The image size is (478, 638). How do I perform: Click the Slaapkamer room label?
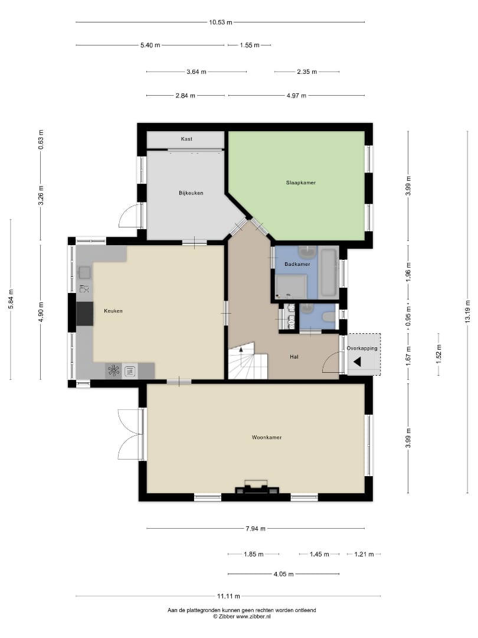301,183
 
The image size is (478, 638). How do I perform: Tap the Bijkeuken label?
191,193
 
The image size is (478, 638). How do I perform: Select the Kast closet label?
186,139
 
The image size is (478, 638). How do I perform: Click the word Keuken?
113,311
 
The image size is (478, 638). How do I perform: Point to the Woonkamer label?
267,437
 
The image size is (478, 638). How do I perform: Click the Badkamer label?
297,264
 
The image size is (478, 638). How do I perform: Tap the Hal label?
294,357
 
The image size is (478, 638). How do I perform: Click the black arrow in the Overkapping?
357,362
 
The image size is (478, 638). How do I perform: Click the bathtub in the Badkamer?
329,272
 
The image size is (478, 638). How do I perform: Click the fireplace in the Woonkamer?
257,487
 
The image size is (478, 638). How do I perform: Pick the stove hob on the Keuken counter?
114,370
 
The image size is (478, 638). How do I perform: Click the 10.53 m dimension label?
221,22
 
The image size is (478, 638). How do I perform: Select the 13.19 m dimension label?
467,312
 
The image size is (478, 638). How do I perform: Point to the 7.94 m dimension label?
256,529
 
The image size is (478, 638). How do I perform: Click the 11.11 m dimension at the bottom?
228,596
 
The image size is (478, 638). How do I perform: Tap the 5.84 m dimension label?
11,299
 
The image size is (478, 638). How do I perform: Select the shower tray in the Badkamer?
291,287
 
